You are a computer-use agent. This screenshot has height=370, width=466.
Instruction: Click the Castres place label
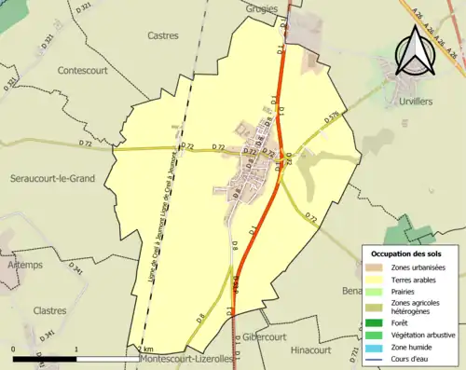(x=163, y=35)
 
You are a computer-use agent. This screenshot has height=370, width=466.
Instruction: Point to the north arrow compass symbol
(x=412, y=52)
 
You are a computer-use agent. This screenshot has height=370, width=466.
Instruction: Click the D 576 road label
(x=332, y=117)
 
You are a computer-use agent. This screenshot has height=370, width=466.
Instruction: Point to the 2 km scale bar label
(x=145, y=349)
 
